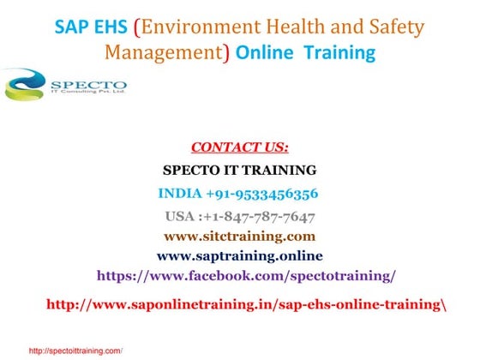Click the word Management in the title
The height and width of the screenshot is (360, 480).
164,52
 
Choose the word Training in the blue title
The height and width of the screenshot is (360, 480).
340,52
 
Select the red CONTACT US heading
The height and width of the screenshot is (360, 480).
239,147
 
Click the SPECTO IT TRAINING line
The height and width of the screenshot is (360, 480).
239,170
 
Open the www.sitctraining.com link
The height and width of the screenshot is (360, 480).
239,235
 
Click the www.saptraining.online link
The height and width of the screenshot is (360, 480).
239,255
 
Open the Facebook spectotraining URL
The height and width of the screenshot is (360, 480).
246,276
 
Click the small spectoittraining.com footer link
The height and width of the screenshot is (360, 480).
75,351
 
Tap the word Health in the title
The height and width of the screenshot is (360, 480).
299,27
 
